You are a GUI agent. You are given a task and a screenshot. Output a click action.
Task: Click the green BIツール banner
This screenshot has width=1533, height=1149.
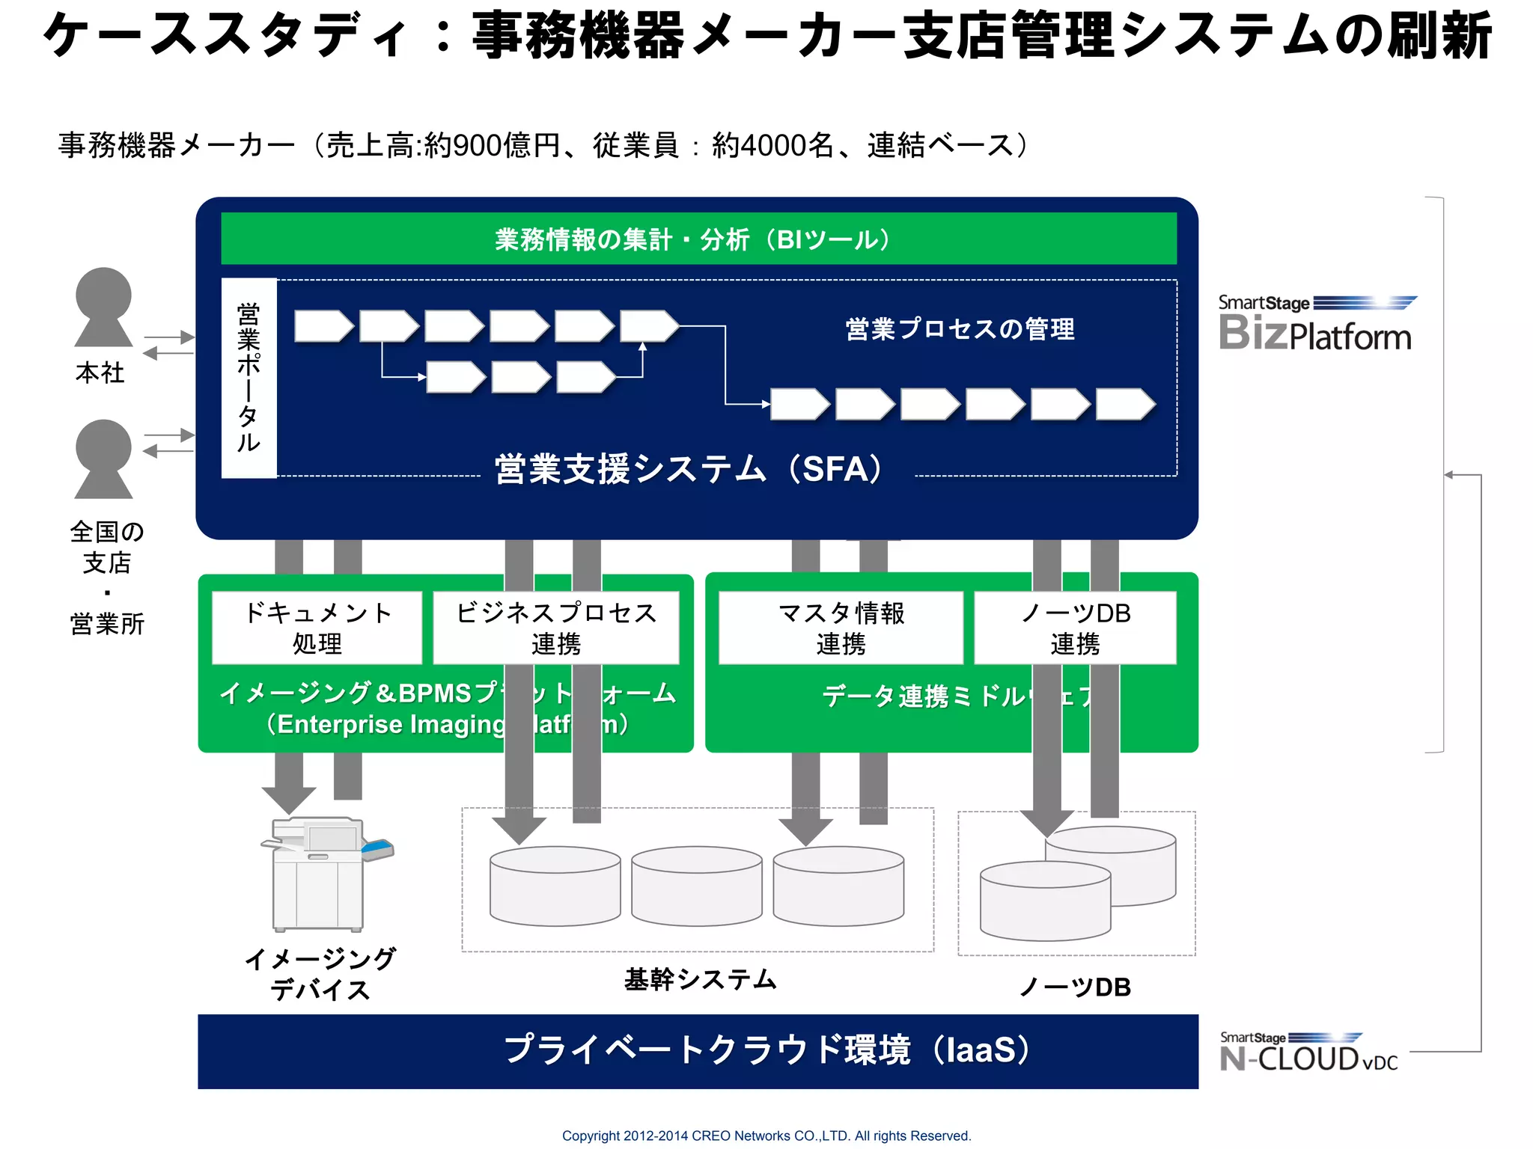698,239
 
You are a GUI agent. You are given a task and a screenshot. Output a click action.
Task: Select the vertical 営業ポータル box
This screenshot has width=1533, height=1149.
249,378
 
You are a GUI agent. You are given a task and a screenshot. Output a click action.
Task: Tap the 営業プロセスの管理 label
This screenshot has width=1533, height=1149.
960,329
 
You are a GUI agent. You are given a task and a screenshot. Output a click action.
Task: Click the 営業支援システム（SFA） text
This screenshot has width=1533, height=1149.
689,470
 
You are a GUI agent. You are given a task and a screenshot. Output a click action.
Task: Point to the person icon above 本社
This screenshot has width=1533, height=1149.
103,307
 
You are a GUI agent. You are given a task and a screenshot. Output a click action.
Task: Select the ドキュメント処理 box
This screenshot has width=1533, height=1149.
317,628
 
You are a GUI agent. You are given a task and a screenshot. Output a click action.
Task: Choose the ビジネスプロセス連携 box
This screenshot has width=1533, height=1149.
555,628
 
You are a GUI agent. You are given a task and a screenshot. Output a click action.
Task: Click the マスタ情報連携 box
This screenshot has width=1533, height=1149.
841,628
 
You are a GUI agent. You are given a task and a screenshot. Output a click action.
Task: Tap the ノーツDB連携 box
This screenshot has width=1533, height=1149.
1075,628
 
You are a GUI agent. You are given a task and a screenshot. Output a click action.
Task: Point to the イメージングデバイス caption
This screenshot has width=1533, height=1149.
320,974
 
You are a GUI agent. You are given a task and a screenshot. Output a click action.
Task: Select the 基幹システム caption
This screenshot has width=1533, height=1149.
701,979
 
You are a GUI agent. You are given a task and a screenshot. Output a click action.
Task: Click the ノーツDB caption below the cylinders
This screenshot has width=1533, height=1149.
1075,987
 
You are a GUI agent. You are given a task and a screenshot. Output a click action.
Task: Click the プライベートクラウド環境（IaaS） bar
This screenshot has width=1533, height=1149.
698,1050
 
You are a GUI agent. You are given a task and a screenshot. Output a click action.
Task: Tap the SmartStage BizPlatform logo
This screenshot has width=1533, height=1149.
1316,323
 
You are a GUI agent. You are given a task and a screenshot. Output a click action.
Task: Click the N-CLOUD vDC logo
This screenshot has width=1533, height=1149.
1308,1053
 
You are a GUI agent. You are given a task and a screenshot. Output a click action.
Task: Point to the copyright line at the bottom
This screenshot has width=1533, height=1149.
766,1136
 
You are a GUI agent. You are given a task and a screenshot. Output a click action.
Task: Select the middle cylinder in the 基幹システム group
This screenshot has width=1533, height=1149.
696,886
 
